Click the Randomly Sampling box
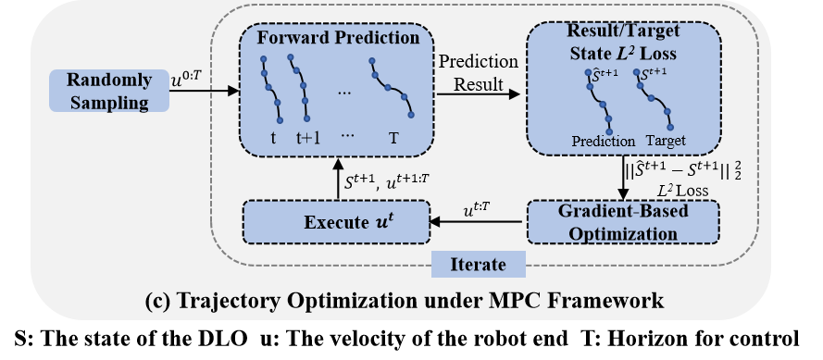pyautogui.click(x=108, y=91)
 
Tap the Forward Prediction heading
pyautogui.click(x=336, y=40)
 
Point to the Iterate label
pyautogui.click(x=478, y=265)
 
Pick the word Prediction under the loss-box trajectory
pyautogui.click(x=602, y=142)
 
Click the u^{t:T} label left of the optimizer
pyautogui.click(x=478, y=211)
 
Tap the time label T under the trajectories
pyautogui.click(x=393, y=140)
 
